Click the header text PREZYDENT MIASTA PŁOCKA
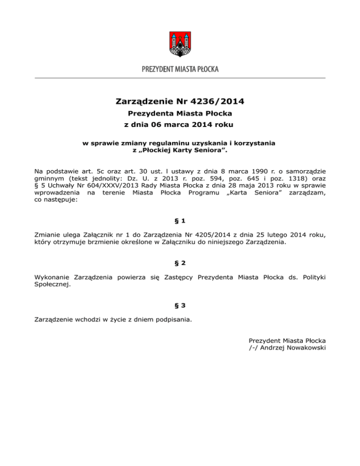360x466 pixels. [180, 69]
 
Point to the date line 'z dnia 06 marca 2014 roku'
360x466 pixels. [180, 125]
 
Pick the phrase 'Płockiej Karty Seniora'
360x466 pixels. [180, 150]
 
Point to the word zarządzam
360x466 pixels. [307, 192]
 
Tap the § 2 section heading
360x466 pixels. [180, 263]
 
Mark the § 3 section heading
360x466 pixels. [180, 306]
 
